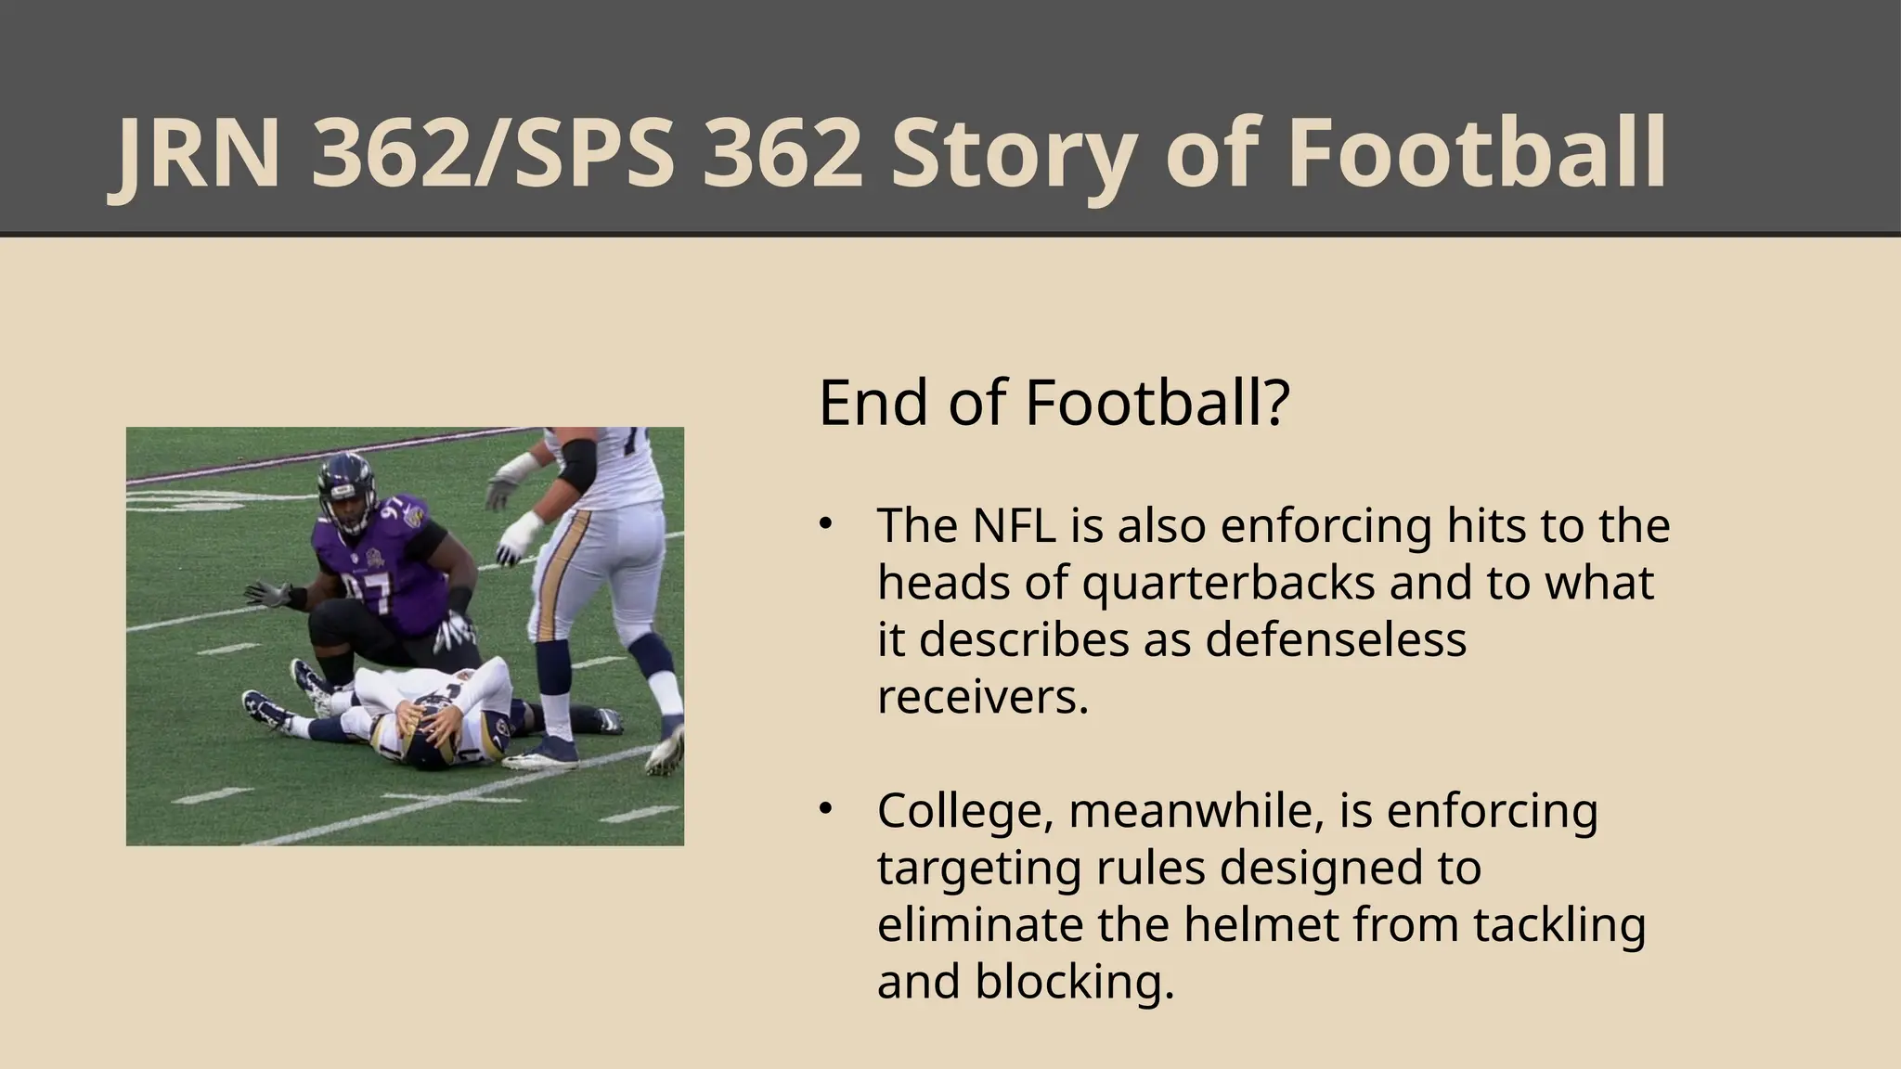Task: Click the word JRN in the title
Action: (195, 154)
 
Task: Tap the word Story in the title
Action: (1014, 156)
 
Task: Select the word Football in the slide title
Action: (1476, 154)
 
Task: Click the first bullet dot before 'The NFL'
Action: (824, 524)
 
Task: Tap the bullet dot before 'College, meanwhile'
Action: (824, 809)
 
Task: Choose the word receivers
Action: (982, 698)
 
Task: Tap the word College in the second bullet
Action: (965, 811)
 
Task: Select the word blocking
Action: (1075, 982)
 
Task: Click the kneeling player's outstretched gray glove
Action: (265, 594)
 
